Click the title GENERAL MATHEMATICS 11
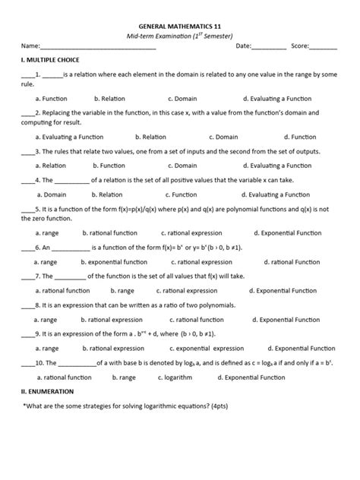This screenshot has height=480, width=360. coord(179,24)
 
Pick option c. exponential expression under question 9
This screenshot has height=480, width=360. coord(207,349)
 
